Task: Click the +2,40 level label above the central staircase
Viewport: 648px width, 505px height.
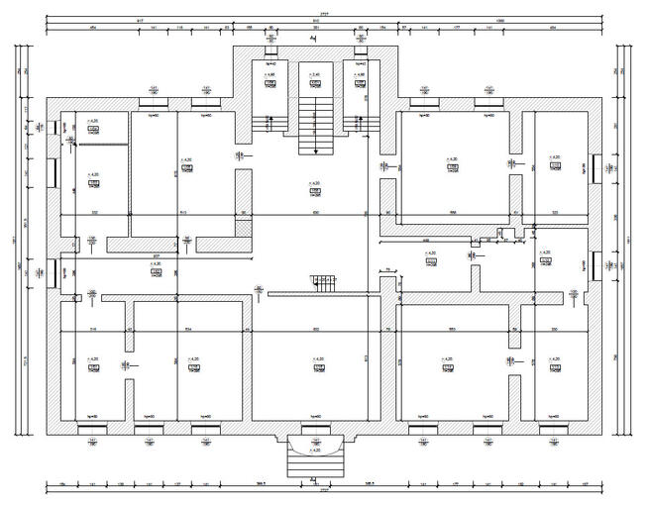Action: click(x=315, y=74)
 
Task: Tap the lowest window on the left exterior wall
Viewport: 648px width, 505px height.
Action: click(x=54, y=269)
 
